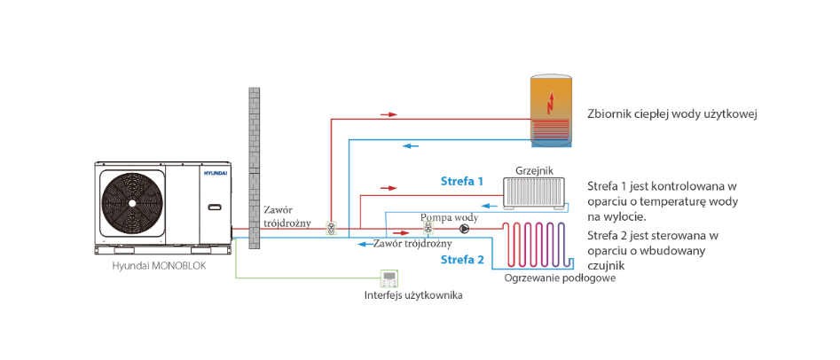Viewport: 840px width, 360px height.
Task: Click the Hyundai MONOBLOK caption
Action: tap(158, 266)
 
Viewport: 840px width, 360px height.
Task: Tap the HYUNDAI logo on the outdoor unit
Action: tap(215, 174)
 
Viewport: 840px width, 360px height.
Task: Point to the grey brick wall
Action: tap(254, 167)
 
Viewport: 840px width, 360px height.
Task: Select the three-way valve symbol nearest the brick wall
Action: tap(331, 230)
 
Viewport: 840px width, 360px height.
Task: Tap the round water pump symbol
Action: tap(464, 230)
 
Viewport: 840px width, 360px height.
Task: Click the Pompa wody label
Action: tap(450, 217)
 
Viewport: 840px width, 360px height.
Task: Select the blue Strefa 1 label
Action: tap(462, 181)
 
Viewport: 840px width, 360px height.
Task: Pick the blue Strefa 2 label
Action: tap(462, 261)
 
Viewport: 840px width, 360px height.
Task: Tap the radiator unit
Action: tap(535, 193)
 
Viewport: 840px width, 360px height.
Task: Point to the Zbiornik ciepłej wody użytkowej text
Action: tap(671, 115)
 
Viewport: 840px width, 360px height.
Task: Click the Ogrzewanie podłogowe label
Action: tap(560, 278)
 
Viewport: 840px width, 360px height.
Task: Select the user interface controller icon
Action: tap(389, 278)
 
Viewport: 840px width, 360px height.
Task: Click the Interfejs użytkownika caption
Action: tap(413, 295)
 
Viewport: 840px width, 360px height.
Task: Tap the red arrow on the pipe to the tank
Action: tap(389, 114)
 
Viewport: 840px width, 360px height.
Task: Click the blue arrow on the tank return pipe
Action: tap(411, 145)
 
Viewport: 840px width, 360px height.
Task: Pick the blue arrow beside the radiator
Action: tap(490, 205)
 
